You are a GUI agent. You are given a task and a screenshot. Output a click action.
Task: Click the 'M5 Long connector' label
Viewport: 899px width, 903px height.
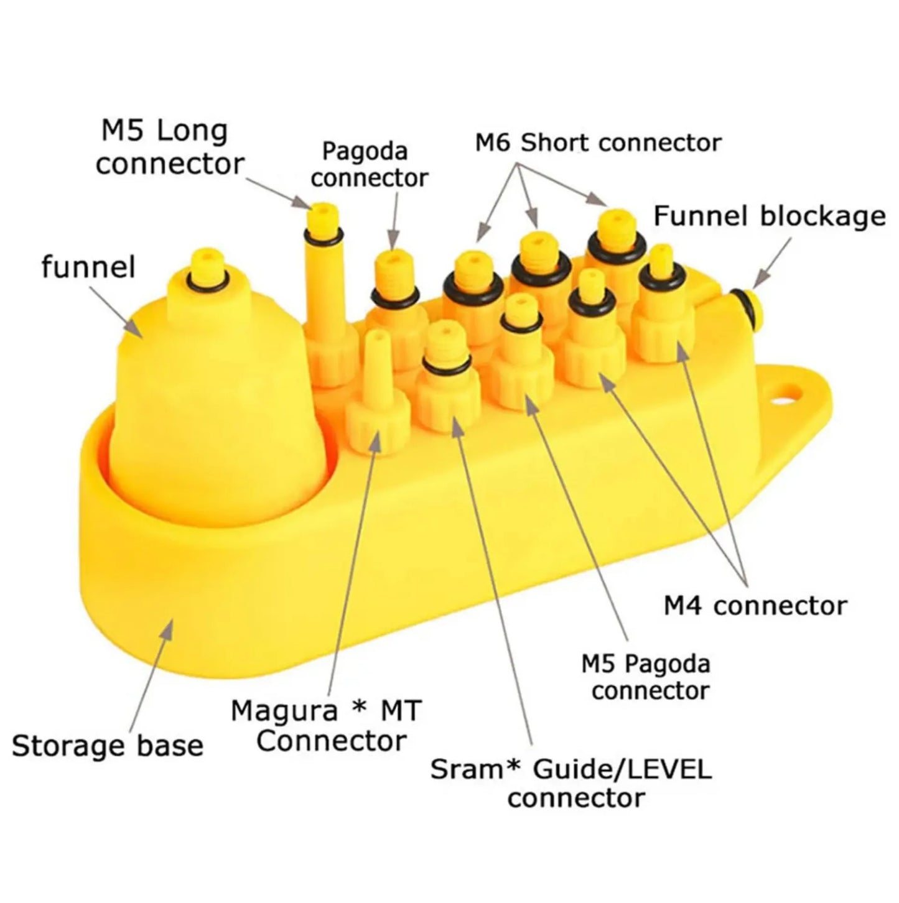(x=169, y=148)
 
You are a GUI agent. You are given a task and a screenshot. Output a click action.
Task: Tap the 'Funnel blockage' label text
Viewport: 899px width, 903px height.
(x=770, y=216)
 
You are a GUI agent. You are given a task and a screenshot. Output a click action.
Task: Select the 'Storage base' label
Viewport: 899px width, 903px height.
(x=108, y=746)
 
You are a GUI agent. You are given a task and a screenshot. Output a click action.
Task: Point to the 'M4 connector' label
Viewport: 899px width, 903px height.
(x=755, y=605)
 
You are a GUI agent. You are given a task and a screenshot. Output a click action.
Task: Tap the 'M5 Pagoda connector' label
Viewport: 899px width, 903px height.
(x=646, y=677)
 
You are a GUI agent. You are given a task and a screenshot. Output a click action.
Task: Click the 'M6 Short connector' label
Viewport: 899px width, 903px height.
(x=598, y=142)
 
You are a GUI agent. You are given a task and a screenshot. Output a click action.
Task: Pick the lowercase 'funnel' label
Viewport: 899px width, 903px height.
(x=88, y=267)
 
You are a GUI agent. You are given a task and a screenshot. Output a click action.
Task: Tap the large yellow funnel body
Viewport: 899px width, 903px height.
(x=212, y=398)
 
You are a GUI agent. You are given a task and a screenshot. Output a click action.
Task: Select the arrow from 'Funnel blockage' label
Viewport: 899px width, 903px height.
(x=772, y=261)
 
